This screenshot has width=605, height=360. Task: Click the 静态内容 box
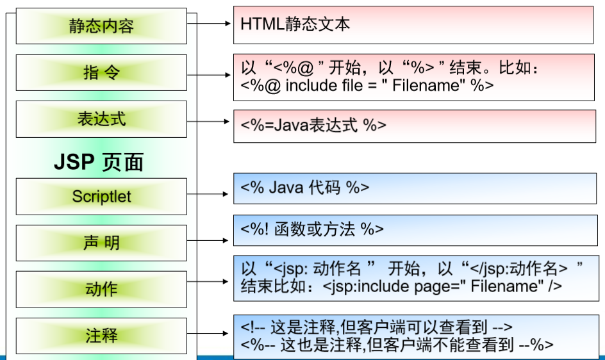pyautogui.click(x=101, y=26)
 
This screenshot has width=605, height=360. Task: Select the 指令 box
pyautogui.click(x=101, y=72)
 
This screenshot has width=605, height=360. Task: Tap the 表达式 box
pyautogui.click(x=101, y=119)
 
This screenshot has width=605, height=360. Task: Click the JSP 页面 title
pyautogui.click(x=98, y=162)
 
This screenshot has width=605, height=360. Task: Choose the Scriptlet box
pyautogui.click(x=101, y=196)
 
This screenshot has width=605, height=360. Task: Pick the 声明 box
pyautogui.click(x=101, y=243)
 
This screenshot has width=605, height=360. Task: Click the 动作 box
pyautogui.click(x=101, y=289)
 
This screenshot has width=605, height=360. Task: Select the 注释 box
pyautogui.click(x=101, y=336)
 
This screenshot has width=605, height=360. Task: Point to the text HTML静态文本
pyautogui.click(x=295, y=24)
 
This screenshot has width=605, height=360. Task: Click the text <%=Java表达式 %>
pyautogui.click(x=313, y=125)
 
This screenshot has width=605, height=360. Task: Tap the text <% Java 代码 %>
pyautogui.click(x=304, y=187)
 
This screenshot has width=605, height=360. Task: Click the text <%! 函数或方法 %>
pyautogui.click(x=312, y=229)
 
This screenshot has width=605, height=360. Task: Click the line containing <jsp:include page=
pyautogui.click(x=401, y=286)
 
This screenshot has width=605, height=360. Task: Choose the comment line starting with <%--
pyautogui.click(x=397, y=345)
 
